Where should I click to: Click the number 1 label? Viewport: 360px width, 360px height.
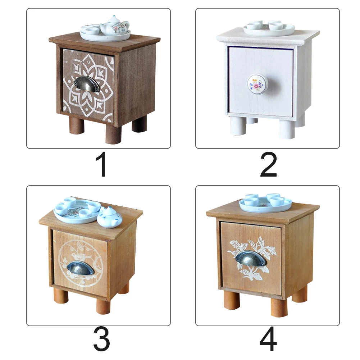[x=102, y=165]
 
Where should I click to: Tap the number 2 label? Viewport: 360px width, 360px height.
[x=268, y=165]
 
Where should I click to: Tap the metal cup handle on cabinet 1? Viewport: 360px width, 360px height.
[x=87, y=84]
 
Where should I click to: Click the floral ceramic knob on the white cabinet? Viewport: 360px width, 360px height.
[x=258, y=83]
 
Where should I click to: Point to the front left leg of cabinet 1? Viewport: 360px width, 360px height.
[x=77, y=126]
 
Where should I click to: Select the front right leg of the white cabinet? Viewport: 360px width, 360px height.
[x=287, y=129]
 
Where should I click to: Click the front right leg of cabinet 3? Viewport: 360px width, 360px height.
[x=103, y=306]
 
